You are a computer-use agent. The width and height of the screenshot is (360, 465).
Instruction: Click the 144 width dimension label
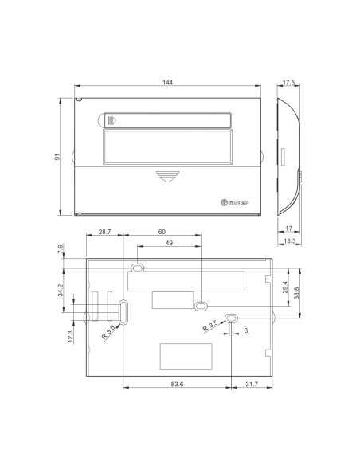[x=167, y=82]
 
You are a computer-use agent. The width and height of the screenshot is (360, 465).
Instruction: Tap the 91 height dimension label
[x=57, y=157]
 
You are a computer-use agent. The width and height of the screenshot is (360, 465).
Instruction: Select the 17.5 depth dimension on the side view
[x=288, y=83]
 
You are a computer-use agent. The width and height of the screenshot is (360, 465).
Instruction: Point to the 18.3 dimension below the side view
[x=289, y=240]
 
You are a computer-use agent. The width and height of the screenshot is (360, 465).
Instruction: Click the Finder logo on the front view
[x=235, y=203]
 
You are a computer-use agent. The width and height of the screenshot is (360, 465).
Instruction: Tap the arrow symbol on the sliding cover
[x=112, y=121]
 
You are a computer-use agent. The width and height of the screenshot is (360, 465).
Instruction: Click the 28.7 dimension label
[x=104, y=232]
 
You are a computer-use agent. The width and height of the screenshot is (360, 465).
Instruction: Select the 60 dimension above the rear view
[x=162, y=232]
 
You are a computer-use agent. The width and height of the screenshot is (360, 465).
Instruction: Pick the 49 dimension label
[x=169, y=243]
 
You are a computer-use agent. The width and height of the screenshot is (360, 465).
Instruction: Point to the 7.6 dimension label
[x=61, y=248]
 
